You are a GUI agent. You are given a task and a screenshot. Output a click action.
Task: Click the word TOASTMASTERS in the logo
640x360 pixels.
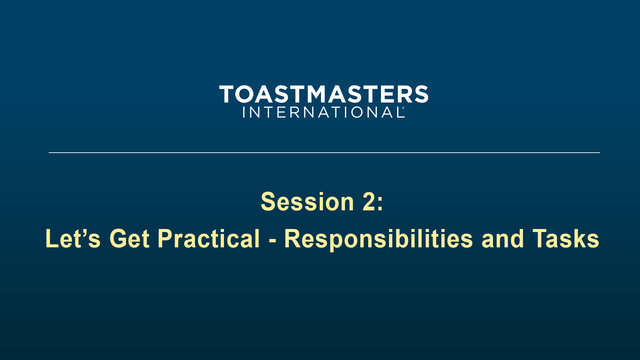click(x=324, y=94)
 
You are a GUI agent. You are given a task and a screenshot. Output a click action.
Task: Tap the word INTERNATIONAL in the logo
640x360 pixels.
click(x=323, y=112)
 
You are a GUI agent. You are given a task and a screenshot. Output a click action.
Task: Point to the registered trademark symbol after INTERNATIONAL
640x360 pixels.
click(x=403, y=108)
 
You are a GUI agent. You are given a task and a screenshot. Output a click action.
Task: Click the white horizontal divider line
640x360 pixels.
click(x=324, y=153)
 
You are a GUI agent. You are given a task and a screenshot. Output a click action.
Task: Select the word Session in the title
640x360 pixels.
click(x=307, y=202)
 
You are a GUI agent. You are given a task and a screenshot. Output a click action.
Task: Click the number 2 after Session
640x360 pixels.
click(x=369, y=201)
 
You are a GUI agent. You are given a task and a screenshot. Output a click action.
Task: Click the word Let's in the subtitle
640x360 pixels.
click(x=73, y=238)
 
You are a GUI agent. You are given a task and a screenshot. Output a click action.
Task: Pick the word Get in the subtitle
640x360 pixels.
click(x=129, y=238)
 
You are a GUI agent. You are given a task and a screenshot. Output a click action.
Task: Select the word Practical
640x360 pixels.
click(x=209, y=238)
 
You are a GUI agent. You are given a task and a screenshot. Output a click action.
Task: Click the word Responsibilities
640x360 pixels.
click(x=379, y=239)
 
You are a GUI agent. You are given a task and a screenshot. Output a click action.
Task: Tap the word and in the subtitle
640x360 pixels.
click(x=503, y=239)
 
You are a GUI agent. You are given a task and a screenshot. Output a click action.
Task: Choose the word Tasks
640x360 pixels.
click(x=566, y=239)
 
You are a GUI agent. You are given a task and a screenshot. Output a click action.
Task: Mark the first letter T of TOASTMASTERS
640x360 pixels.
click(x=227, y=94)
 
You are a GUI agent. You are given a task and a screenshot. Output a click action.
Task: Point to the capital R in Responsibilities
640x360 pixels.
click(x=292, y=238)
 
